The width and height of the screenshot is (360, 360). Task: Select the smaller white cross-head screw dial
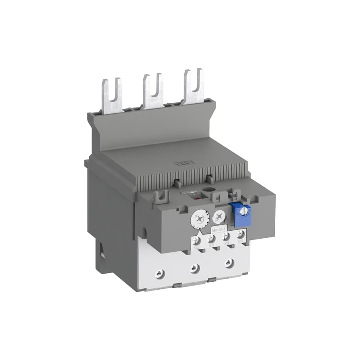pos(219,217)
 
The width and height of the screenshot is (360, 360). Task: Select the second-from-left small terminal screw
pos(211,239)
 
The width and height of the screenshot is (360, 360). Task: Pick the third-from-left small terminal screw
pos(226,237)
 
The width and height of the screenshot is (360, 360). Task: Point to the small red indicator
pos(197,199)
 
